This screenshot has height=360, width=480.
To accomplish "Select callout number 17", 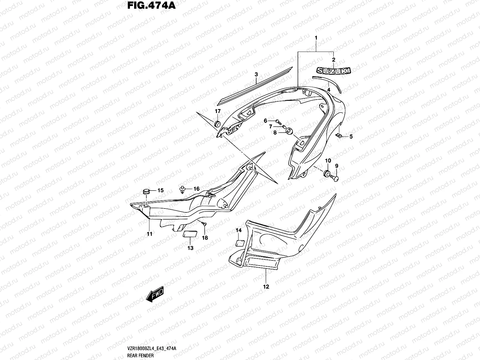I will (218, 111).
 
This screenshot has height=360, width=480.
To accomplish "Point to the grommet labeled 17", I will (217, 124).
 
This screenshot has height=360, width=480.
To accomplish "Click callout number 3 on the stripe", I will (256, 74).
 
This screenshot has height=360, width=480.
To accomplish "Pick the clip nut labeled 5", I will (339, 136).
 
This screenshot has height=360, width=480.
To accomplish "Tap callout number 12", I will (266, 286).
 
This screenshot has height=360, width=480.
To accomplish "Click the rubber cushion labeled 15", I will (146, 191).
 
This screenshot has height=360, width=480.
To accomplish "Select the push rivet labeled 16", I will (182, 189).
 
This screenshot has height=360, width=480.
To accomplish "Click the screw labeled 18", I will (203, 223).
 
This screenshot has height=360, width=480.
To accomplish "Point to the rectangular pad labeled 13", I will (190, 234).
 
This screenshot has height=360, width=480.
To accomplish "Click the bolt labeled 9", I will (336, 178).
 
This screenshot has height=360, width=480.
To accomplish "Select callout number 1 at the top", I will (316, 38).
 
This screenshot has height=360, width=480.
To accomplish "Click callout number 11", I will (149, 234).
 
